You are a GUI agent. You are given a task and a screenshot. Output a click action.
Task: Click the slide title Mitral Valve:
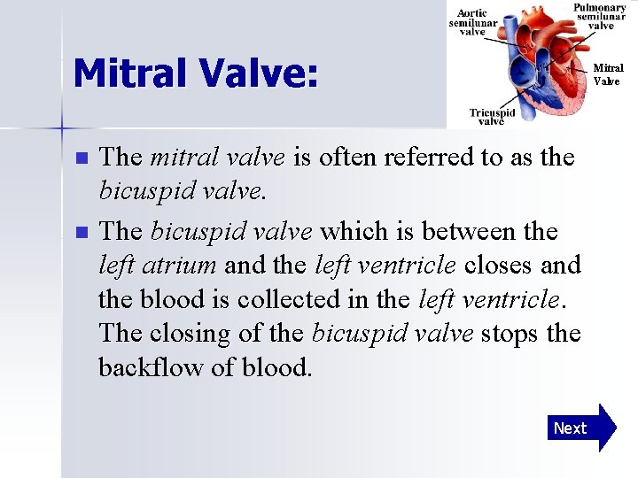click(x=195, y=73)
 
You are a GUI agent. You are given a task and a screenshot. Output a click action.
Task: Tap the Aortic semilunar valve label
click(x=472, y=22)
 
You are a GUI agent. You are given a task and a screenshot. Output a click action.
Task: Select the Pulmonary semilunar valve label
click(x=600, y=17)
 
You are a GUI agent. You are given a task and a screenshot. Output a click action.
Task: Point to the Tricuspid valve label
click(x=492, y=117)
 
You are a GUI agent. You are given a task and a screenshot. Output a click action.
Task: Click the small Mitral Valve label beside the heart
click(x=607, y=74)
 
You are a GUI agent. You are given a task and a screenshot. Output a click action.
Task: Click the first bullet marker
click(x=82, y=159)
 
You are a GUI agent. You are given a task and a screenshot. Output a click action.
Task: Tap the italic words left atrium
click(x=159, y=266)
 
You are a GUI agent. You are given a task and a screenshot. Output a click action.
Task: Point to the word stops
click(x=509, y=334)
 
